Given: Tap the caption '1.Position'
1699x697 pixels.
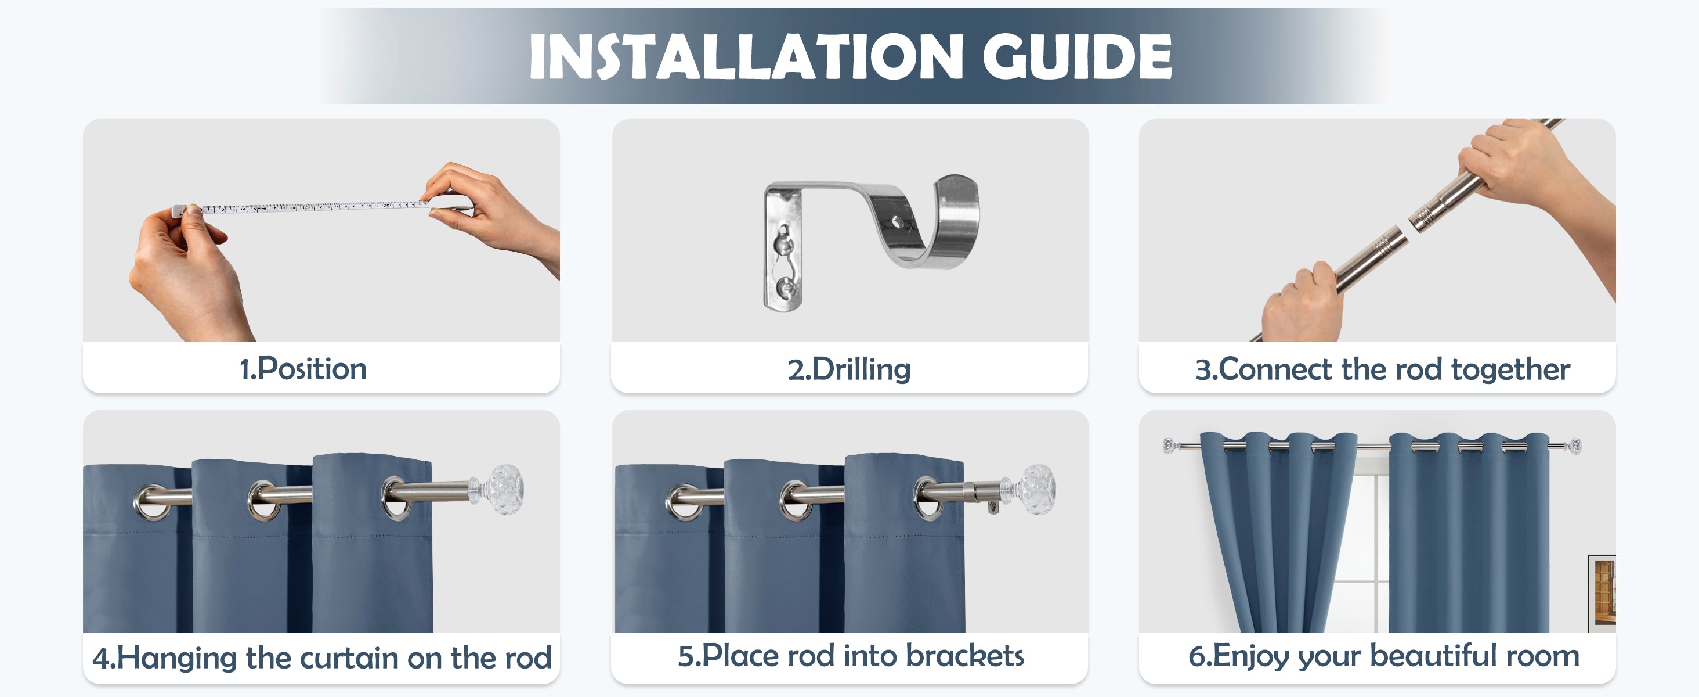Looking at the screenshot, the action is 303,369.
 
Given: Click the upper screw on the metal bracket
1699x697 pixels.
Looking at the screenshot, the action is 783,243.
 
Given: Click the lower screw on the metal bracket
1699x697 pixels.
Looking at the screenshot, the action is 786,287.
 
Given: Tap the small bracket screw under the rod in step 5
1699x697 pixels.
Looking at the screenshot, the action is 993,506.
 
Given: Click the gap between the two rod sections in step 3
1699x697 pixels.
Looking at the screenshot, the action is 1410,224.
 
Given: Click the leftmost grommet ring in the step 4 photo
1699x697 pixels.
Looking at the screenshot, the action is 153,503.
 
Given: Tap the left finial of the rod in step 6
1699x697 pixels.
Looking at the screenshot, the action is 1169,445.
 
